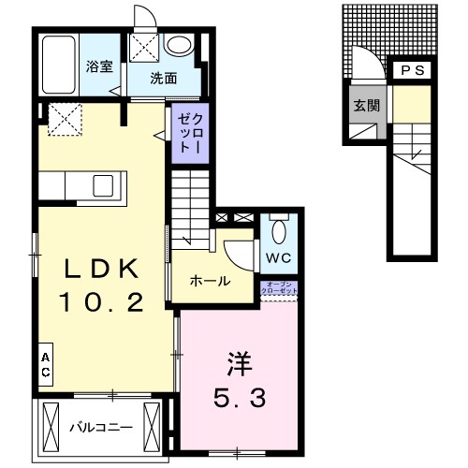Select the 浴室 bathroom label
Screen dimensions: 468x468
click(99, 67)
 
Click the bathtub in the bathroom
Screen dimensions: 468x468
click(58, 66)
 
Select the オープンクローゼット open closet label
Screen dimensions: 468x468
click(282, 286)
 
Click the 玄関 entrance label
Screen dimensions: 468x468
click(365, 105)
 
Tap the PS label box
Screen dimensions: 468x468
click(412, 71)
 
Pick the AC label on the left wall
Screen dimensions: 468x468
click(44, 365)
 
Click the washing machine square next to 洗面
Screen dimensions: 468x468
click(146, 47)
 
